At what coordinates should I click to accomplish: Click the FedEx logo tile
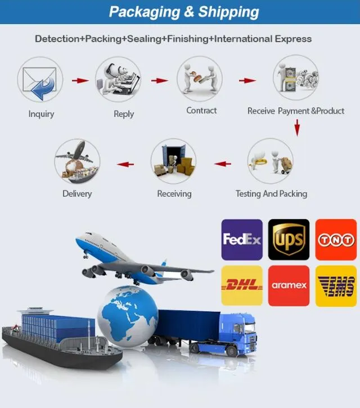pyautogui.click(x=242, y=239)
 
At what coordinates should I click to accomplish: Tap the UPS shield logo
pyautogui.click(x=289, y=239)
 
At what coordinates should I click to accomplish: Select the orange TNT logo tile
pyautogui.click(x=336, y=239)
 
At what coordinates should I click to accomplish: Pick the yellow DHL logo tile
pyautogui.click(x=242, y=285)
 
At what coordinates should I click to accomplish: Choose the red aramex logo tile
pyautogui.click(x=289, y=285)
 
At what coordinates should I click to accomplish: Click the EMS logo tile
pyautogui.click(x=336, y=286)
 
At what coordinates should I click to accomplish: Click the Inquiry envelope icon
pyautogui.click(x=40, y=80)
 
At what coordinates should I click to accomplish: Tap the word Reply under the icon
pyautogui.click(x=124, y=114)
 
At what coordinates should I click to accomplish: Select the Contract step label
pyautogui.click(x=201, y=110)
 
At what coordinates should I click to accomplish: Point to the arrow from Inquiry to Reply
pyautogui.click(x=80, y=80)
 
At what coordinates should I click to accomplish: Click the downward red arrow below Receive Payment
pyautogui.click(x=297, y=128)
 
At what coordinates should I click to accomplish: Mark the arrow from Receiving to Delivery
pyautogui.click(x=125, y=164)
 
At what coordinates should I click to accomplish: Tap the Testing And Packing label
pyautogui.click(x=271, y=194)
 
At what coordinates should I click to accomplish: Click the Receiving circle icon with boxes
pyautogui.click(x=173, y=161)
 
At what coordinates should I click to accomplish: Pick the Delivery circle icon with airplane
pyautogui.click(x=77, y=161)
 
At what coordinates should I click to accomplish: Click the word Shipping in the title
pyautogui.click(x=228, y=12)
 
